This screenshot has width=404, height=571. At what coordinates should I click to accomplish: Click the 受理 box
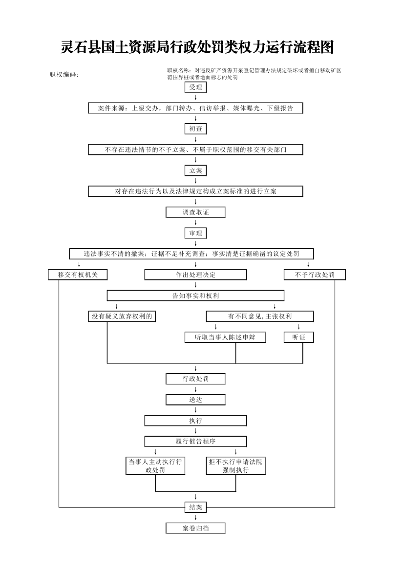tap(195, 87)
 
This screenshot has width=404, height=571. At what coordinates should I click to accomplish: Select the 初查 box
tap(195, 129)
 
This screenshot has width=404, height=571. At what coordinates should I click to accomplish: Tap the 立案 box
tap(195, 170)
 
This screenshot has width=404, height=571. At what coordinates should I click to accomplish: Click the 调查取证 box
tap(195, 212)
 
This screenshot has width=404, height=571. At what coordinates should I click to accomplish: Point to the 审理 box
tap(195, 233)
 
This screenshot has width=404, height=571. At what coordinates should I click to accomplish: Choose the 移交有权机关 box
tap(78, 275)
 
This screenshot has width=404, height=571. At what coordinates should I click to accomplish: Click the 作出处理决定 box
tap(195, 275)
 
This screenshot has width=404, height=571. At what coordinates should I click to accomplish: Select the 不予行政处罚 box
tap(315, 275)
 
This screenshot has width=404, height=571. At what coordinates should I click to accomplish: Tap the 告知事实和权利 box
tap(195, 296)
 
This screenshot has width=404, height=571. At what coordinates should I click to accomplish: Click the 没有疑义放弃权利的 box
tap(122, 317)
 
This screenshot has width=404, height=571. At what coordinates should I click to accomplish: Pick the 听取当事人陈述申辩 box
tap(225, 337)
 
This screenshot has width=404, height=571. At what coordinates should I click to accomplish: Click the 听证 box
tap(298, 337)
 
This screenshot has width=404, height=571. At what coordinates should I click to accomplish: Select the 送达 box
tap(195, 400)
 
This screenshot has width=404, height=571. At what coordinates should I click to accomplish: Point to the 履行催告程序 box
tap(195, 442)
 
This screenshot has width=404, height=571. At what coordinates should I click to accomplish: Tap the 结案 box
tap(195, 508)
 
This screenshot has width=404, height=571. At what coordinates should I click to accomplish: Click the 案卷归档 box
tap(195, 528)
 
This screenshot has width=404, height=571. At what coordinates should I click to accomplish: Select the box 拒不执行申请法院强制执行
tap(235, 466)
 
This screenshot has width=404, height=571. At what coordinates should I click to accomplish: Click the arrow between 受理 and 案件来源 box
tap(195, 98)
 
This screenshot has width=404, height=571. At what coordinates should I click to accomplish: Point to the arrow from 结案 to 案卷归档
tap(195, 517)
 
